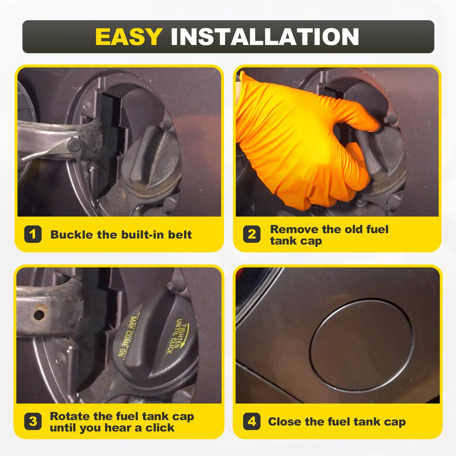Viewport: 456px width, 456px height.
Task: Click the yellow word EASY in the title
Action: [129, 37]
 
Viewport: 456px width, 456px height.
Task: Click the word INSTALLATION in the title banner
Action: [265, 37]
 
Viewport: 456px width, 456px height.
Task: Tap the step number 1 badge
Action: [33, 234]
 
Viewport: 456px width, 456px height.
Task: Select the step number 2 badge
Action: [252, 234]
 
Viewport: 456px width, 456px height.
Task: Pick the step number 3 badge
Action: [33, 422]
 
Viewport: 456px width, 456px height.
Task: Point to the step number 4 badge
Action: [252, 422]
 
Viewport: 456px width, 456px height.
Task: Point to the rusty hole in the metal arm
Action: [39, 315]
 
